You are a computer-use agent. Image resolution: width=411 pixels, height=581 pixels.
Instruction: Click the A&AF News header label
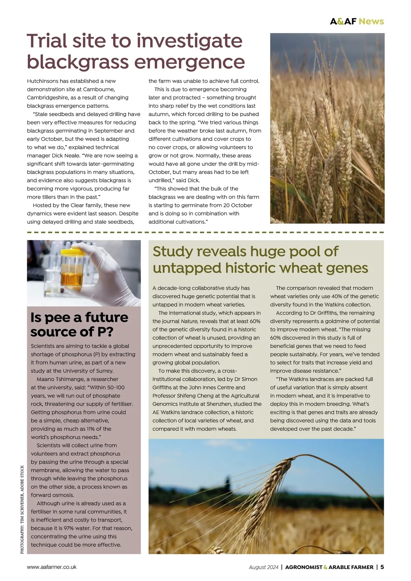[357, 21]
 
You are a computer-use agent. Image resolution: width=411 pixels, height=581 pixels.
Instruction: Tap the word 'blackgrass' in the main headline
[77, 62]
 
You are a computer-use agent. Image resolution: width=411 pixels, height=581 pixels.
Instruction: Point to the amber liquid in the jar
[72, 278]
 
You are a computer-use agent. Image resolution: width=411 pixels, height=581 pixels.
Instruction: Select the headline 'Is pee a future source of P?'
[79, 324]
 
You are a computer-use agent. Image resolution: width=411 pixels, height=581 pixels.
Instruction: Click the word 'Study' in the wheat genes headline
[173, 251]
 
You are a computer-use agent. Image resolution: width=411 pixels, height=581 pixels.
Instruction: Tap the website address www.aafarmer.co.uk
[52, 567]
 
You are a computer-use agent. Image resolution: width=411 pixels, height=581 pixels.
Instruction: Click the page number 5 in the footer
[382, 567]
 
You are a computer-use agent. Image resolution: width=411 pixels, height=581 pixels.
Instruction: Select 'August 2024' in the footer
[264, 567]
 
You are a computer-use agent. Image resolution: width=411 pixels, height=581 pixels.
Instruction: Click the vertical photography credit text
[22, 509]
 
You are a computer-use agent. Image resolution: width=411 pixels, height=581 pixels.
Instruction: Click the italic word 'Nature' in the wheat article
[189, 321]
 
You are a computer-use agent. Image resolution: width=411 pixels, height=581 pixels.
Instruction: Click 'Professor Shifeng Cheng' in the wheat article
[184, 396]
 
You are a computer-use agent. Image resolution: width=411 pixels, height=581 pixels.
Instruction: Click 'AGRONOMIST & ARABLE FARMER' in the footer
[329, 567]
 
